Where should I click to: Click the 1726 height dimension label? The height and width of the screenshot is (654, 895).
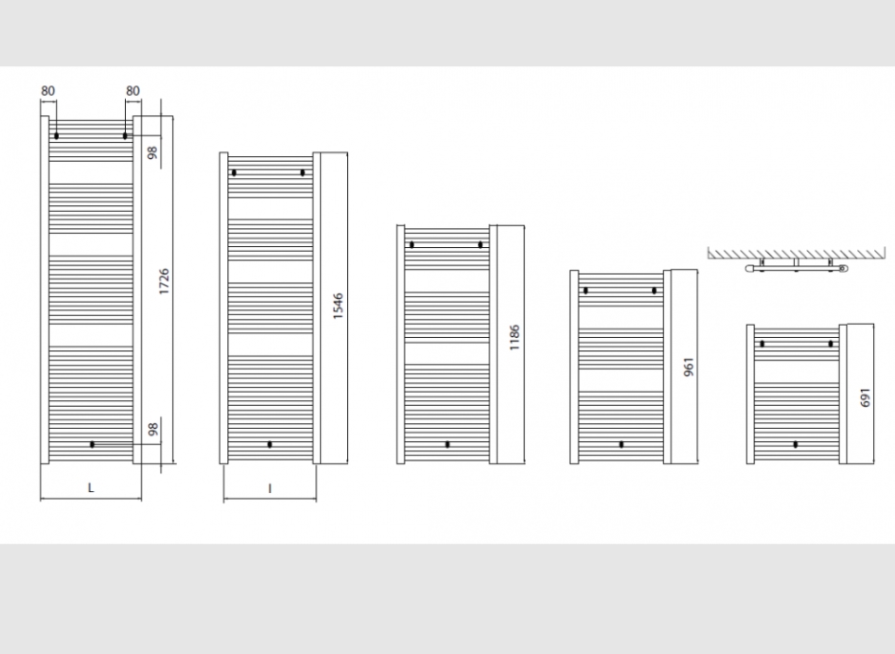165,282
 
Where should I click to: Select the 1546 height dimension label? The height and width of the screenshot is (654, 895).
338,306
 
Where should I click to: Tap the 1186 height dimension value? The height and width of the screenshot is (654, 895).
515,338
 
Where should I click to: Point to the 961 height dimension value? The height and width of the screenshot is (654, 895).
689,367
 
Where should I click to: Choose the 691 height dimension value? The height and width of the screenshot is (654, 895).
866,398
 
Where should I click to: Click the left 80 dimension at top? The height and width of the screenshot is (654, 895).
48,91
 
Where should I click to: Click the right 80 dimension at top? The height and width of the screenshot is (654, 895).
132,91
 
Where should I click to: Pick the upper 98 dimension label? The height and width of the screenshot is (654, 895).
152,153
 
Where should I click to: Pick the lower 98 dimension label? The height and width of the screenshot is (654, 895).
152,430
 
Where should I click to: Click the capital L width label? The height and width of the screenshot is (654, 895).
90,487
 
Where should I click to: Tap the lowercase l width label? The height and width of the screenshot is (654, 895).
270,488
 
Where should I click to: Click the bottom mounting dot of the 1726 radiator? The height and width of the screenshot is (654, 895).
92,445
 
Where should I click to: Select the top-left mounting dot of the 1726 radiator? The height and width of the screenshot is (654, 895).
57,136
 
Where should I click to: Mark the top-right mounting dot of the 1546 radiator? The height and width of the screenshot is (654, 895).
303,172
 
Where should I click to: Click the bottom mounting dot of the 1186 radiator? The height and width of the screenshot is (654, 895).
447,445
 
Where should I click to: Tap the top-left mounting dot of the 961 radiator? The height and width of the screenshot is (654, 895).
586,291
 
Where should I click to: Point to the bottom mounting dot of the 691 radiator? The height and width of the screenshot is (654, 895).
796,445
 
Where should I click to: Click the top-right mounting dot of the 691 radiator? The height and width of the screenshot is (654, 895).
831,344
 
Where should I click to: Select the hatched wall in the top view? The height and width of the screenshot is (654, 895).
797,253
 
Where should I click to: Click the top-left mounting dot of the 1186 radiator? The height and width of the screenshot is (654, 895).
412,245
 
